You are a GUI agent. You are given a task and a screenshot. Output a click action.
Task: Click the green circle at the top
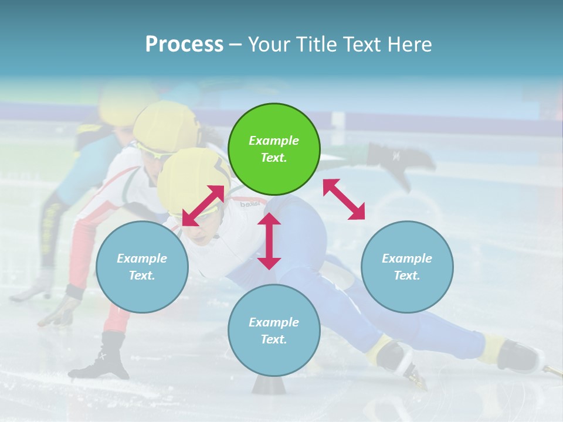tap(274, 149)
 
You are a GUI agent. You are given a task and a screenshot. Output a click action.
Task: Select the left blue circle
tap(142, 267)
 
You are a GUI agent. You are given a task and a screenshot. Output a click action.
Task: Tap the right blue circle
tap(407, 267)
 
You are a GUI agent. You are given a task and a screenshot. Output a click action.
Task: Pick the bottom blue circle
tap(274, 330)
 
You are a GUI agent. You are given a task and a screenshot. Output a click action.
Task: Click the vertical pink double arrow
tap(269, 241)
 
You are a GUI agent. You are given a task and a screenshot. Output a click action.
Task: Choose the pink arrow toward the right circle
tap(344, 199)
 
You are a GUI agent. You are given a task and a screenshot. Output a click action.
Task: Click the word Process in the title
tap(184, 44)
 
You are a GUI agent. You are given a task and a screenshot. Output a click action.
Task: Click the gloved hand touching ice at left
tap(62, 311)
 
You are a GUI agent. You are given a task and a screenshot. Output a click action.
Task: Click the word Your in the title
tap(268, 44)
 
